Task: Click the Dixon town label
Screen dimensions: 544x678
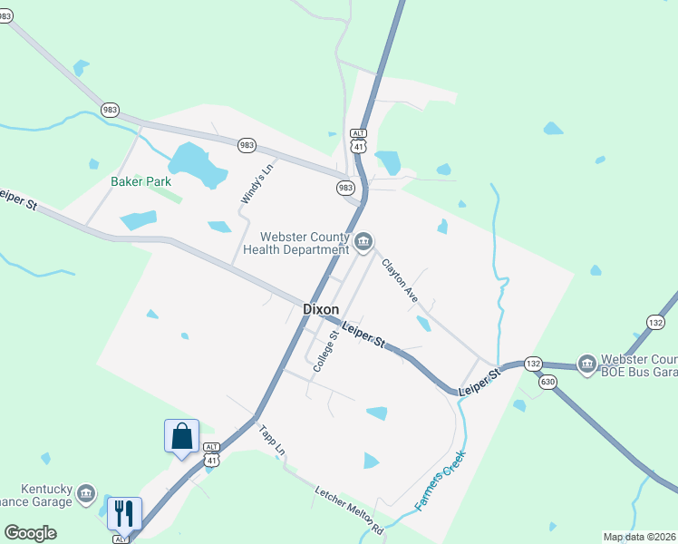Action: click(320, 309)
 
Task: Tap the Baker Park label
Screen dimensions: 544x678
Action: click(140, 181)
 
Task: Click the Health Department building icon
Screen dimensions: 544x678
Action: click(363, 240)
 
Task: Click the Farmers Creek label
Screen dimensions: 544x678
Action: click(440, 480)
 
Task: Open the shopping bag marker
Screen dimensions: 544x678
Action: click(181, 436)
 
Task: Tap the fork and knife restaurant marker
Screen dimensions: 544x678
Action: click(124, 513)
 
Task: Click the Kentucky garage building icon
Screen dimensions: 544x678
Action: click(86, 493)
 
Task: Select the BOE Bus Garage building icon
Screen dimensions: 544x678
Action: click(590, 365)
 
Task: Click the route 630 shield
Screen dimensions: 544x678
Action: click(546, 382)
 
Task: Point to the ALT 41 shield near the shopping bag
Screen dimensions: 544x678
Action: click(211, 454)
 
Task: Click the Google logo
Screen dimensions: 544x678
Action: click(30, 533)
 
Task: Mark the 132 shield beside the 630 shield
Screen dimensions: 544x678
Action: click(533, 364)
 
